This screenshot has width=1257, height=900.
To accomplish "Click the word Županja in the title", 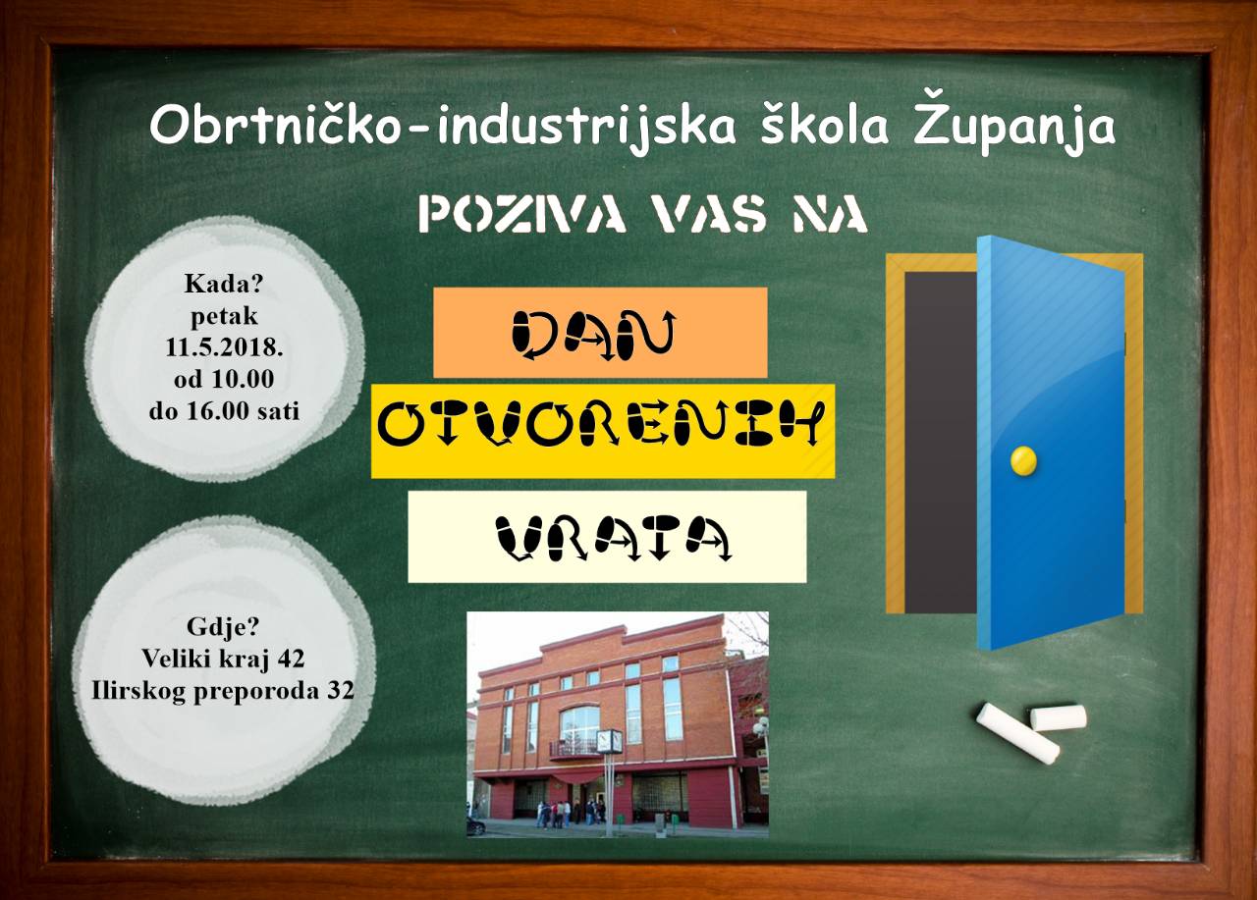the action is pyautogui.click(x=1014, y=126).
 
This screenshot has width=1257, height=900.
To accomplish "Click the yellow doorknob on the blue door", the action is pyautogui.click(x=1023, y=461).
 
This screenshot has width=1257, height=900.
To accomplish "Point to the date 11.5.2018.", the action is pyautogui.click(x=224, y=347).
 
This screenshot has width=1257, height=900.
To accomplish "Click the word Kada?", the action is pyautogui.click(x=223, y=284).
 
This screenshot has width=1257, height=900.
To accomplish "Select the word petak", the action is pyautogui.click(x=224, y=317).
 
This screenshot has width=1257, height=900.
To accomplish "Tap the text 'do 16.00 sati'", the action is pyautogui.click(x=224, y=411).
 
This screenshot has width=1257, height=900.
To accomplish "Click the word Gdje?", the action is pyautogui.click(x=223, y=627).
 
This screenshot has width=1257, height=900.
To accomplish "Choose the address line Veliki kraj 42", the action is pyautogui.click(x=223, y=659).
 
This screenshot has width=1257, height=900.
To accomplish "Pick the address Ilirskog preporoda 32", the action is pyautogui.click(x=223, y=691).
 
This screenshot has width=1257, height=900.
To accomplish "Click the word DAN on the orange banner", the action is pyautogui.click(x=594, y=336).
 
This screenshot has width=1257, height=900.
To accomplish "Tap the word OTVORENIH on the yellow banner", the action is pyautogui.click(x=601, y=429).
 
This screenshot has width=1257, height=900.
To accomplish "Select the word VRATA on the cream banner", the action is pyautogui.click(x=614, y=538).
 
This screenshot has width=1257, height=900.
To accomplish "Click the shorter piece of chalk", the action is pyautogui.click(x=1058, y=717).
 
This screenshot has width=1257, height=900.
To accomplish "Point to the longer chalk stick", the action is pyautogui.click(x=1017, y=733).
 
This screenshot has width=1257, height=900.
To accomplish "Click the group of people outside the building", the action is pyautogui.click(x=568, y=813).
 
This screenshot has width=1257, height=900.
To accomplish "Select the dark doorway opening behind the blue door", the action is pyautogui.click(x=941, y=443).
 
